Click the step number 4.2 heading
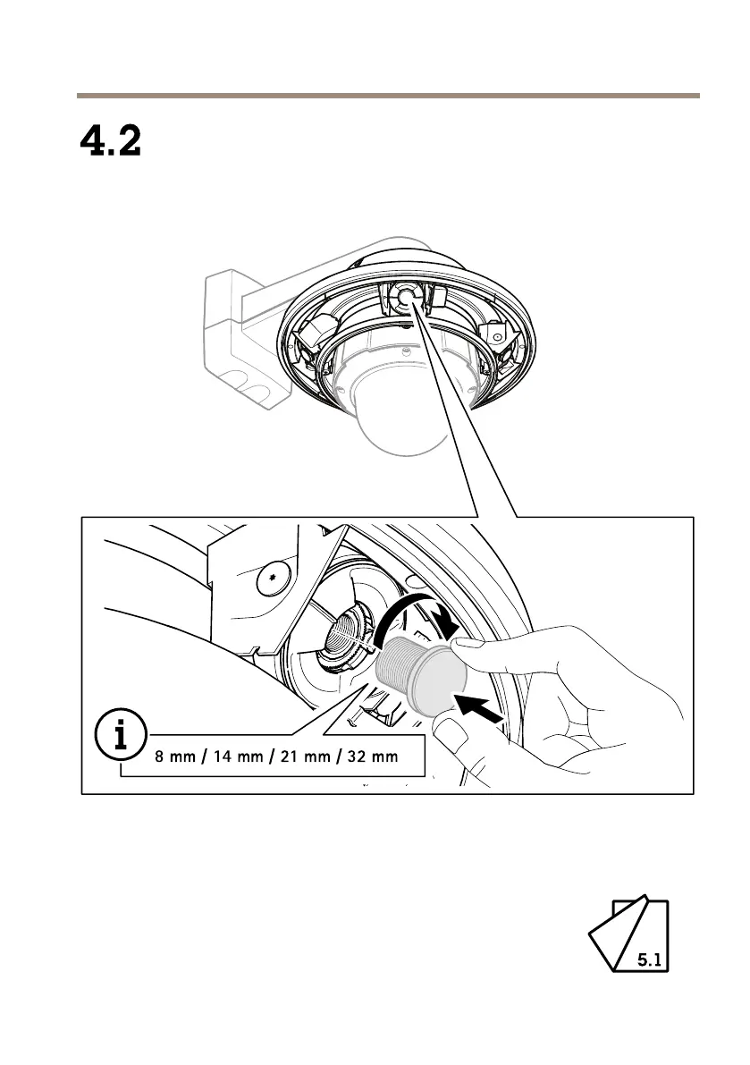click(112, 141)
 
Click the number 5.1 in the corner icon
click(649, 960)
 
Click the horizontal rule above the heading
click(387, 95)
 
